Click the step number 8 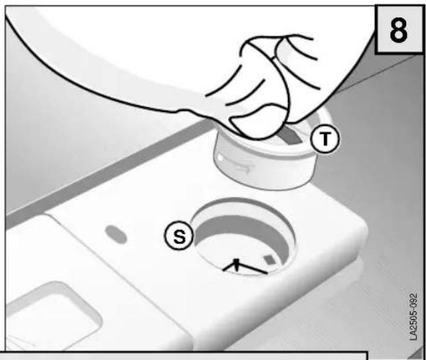coord(398,30)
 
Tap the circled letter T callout coord(325,139)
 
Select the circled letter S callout coord(179,235)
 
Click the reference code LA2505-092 coord(414,317)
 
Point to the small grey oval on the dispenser coord(116,235)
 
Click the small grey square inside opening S coord(270,259)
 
